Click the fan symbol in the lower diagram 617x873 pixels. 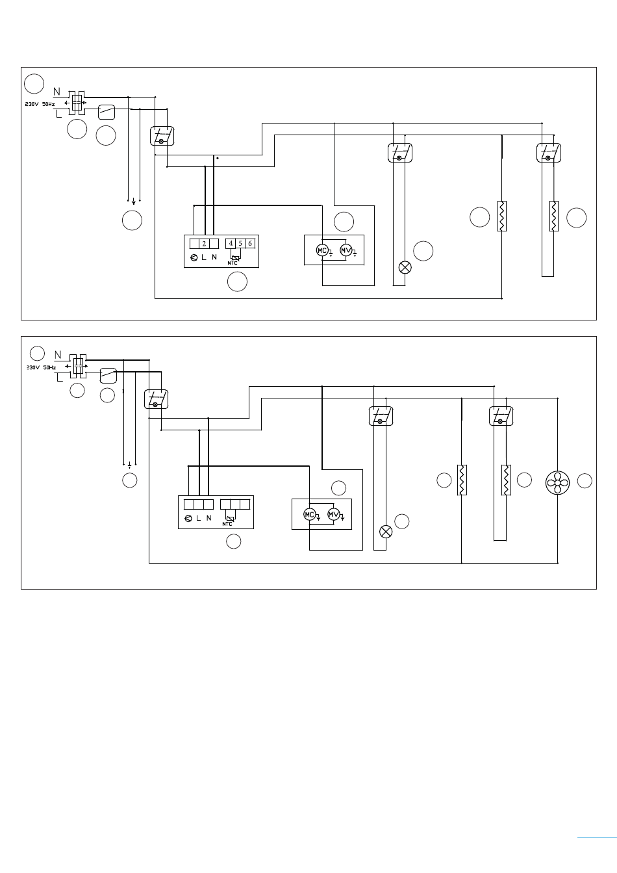click(557, 482)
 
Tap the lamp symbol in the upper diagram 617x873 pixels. click(405, 267)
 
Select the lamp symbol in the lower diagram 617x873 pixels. click(386, 532)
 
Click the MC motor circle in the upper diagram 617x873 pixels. click(322, 250)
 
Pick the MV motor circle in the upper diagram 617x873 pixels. click(346, 250)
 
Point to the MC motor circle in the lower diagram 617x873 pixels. click(309, 514)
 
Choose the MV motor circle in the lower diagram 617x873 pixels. click(334, 514)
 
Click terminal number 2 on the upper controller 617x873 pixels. click(204, 244)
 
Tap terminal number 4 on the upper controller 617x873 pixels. click(231, 244)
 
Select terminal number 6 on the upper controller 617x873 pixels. click(250, 244)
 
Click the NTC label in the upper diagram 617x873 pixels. click(233, 263)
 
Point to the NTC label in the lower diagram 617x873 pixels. click(227, 524)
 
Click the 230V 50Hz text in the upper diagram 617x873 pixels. click(40, 105)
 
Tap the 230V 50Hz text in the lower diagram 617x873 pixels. click(42, 367)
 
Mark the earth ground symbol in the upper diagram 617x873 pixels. click(134, 202)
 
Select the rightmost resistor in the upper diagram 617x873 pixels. click(554, 216)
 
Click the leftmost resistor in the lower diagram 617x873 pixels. click(462, 480)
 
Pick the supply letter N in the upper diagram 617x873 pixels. click(57, 92)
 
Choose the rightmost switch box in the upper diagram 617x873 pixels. click(549, 153)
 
